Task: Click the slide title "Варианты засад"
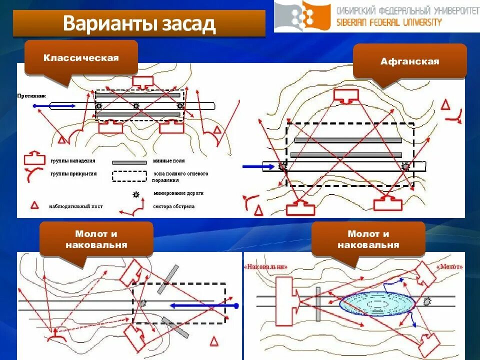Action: tap(139, 24)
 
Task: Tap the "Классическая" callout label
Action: tap(81, 58)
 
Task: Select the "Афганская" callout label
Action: tap(409, 61)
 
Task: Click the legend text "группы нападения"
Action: tap(72, 161)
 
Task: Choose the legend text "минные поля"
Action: tap(168, 161)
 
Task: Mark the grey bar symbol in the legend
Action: tap(128, 162)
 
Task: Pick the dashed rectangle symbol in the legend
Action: tap(128, 176)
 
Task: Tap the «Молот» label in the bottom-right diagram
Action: tap(449, 267)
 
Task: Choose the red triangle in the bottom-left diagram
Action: tap(214, 341)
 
